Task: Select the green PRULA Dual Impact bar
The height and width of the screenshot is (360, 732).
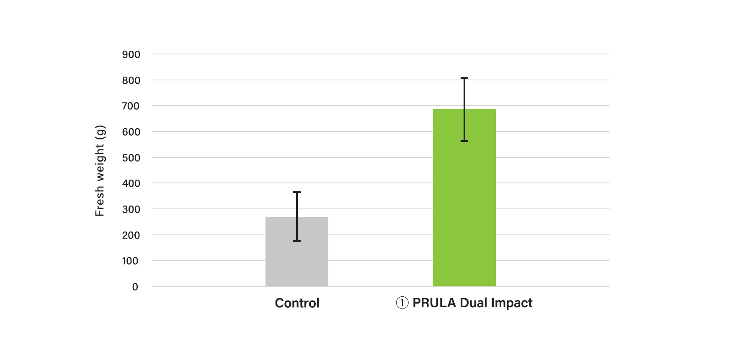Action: click(464, 209)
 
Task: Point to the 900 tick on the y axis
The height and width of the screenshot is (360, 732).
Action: click(131, 54)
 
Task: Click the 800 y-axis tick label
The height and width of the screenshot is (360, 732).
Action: click(131, 80)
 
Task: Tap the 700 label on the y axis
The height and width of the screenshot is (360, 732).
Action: click(131, 106)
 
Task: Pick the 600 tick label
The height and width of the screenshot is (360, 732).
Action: click(131, 132)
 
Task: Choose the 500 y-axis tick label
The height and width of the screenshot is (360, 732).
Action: click(131, 158)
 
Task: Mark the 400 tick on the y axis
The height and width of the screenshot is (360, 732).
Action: click(131, 183)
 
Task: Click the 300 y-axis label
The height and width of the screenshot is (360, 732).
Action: click(131, 209)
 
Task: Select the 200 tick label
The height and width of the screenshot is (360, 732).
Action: click(131, 235)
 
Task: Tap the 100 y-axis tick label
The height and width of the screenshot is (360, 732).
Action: click(130, 261)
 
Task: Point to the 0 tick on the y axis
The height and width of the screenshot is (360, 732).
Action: click(135, 287)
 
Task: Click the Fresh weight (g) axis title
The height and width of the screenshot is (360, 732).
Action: click(100, 170)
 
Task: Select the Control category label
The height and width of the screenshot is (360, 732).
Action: click(297, 303)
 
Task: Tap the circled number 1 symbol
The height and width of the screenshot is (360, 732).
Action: click(402, 303)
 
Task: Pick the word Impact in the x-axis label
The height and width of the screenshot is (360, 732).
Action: click(511, 303)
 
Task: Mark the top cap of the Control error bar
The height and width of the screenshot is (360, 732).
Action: click(297, 192)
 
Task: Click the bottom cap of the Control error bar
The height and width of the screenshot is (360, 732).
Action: click(297, 241)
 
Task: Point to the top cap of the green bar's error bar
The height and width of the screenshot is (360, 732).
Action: click(464, 78)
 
